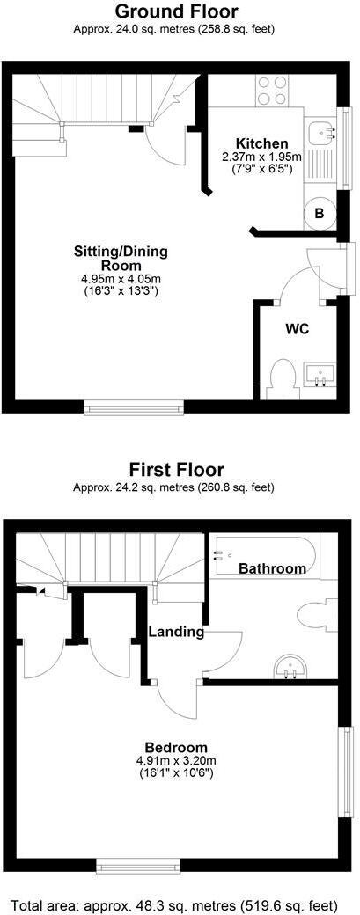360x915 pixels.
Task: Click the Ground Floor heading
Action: (177, 11)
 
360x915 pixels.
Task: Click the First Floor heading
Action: (177, 469)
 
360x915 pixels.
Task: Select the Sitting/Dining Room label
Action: (121, 258)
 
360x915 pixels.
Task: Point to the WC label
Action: (296, 329)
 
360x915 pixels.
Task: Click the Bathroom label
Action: (273, 568)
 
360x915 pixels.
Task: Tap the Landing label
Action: (176, 632)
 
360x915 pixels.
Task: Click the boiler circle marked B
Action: (320, 214)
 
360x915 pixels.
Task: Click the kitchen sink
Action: (326, 133)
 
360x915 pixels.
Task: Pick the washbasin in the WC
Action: (320, 375)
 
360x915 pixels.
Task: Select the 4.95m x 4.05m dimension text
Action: (121, 280)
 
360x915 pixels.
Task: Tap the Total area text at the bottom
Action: (180, 904)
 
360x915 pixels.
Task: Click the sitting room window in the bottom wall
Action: (134, 406)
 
